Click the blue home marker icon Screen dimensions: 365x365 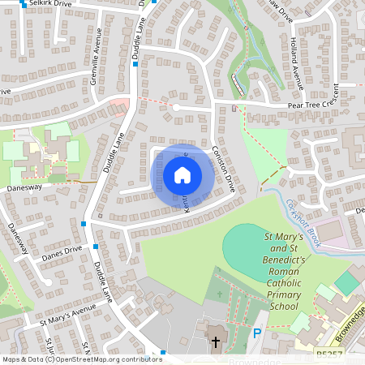click(182, 174)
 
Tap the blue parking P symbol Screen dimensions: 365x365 click(257, 333)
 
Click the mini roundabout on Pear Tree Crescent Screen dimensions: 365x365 click(175, 107)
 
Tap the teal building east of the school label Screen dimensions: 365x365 click(346, 283)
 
